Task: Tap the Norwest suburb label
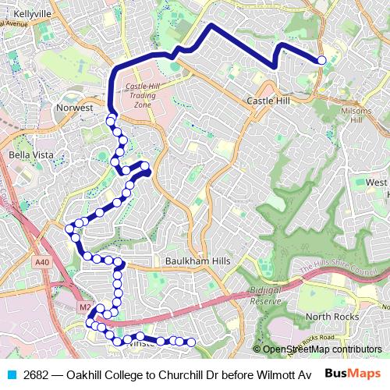coord(74,108)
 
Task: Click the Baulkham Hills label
coord(197,261)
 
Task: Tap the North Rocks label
coord(332,316)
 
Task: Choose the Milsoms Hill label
coord(356,115)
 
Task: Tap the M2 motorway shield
coord(83,307)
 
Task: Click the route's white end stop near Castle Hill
coord(321,60)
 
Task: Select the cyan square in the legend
coord(11,375)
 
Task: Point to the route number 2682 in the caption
coord(35,375)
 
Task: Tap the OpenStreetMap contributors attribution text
coord(321,349)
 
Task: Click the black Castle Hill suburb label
coord(268,101)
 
